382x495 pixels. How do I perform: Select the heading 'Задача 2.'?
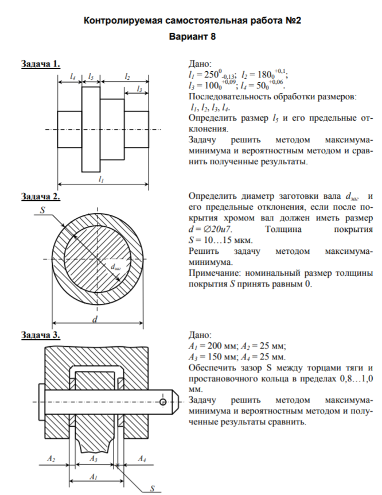click(41, 197)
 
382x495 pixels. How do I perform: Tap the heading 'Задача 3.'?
click(41, 335)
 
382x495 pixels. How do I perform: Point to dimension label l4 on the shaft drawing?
click(72, 76)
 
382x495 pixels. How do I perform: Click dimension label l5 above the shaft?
click(92, 76)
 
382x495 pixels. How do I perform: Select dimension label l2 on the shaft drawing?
click(127, 76)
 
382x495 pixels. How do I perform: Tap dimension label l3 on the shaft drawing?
click(139, 89)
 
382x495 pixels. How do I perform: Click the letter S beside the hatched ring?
click(42, 211)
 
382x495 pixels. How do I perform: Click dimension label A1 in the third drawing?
click(93, 477)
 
